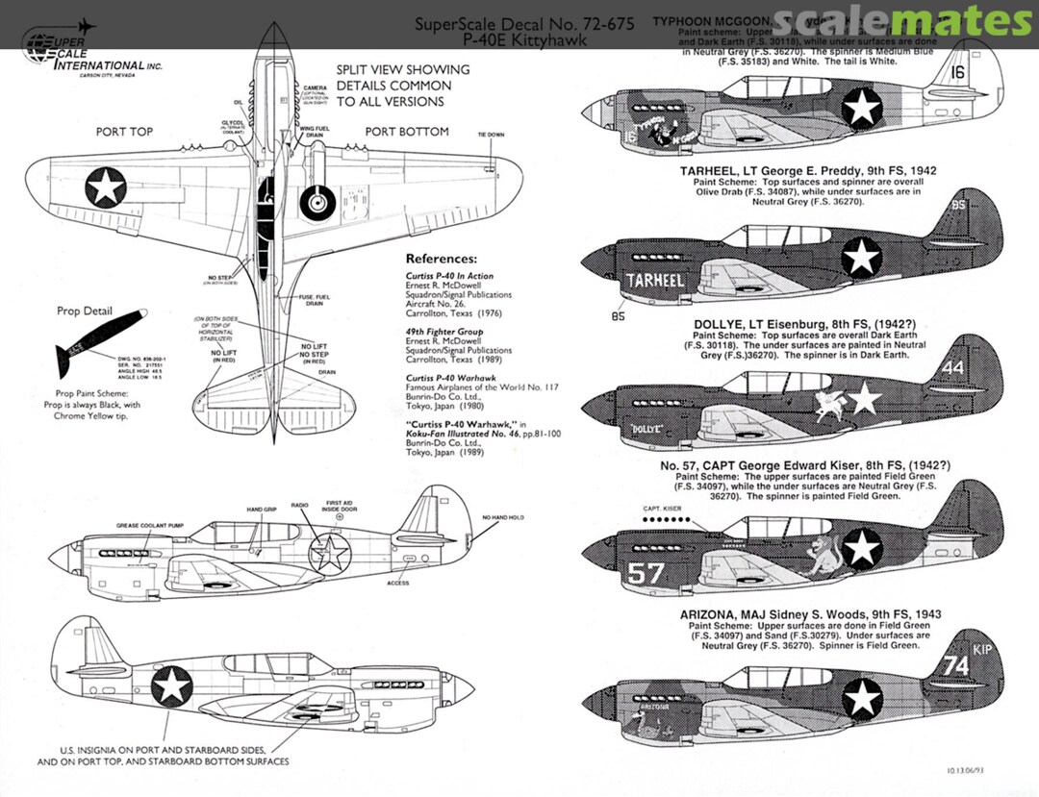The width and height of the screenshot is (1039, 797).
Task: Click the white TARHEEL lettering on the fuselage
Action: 654,281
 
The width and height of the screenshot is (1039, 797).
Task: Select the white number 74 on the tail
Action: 955,665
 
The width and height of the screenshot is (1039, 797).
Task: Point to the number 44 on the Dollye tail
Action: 952,367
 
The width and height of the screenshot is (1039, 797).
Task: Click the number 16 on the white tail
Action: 956,71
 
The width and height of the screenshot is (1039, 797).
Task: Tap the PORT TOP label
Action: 124,132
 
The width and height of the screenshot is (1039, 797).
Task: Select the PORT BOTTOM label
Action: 406,132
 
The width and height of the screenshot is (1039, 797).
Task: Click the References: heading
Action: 441,259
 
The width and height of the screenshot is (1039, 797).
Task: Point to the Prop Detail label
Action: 84,311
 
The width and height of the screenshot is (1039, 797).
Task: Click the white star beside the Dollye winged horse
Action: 865,397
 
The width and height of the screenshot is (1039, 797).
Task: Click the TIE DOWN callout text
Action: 490,134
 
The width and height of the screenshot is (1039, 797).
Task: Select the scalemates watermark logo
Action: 902,21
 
